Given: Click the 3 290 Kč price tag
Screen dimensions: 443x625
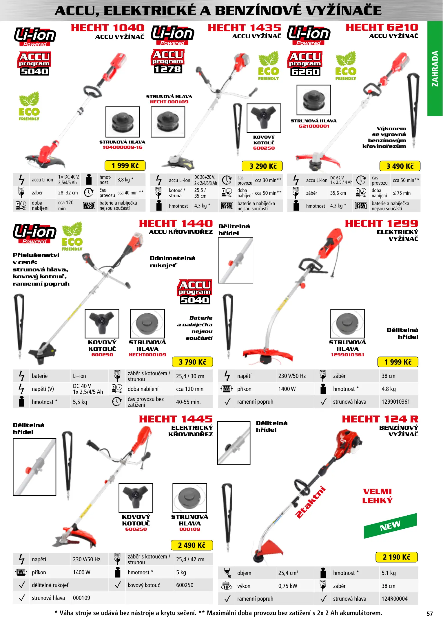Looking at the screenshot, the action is point(262,166).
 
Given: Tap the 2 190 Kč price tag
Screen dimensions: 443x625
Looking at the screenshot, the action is point(396,557).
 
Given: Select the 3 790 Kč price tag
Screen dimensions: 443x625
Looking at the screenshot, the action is point(192,362).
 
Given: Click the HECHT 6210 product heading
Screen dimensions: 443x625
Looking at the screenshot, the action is point(382,27).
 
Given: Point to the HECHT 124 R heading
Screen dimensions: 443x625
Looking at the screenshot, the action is point(380,419).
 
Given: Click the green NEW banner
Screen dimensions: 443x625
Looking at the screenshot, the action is point(390,526).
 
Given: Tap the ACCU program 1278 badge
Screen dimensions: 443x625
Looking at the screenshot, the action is point(168,62).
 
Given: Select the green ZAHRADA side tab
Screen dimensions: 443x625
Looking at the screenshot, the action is point(435,69).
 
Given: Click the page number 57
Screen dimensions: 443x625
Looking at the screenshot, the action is point(430,614).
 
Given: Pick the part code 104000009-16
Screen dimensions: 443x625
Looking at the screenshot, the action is point(122,147).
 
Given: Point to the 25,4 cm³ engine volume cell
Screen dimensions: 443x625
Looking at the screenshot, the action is point(288,573).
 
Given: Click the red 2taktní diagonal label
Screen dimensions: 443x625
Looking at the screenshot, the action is point(310,502).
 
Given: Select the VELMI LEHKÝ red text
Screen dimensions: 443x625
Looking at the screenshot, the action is point(377,496).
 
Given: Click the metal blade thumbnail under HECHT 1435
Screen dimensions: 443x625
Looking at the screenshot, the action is point(264,118).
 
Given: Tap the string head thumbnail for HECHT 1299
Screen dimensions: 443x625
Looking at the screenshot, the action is point(347,323).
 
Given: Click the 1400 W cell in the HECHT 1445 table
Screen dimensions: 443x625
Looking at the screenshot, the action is point(81,572).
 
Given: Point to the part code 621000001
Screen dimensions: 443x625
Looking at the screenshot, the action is point(314,126).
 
